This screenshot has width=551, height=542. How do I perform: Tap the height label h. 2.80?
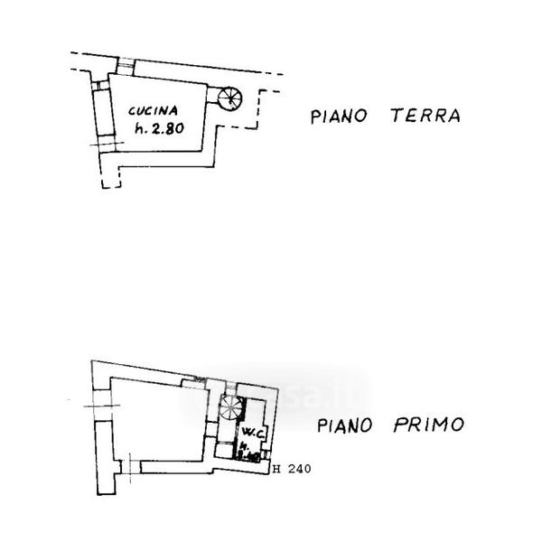coord(159,128)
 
